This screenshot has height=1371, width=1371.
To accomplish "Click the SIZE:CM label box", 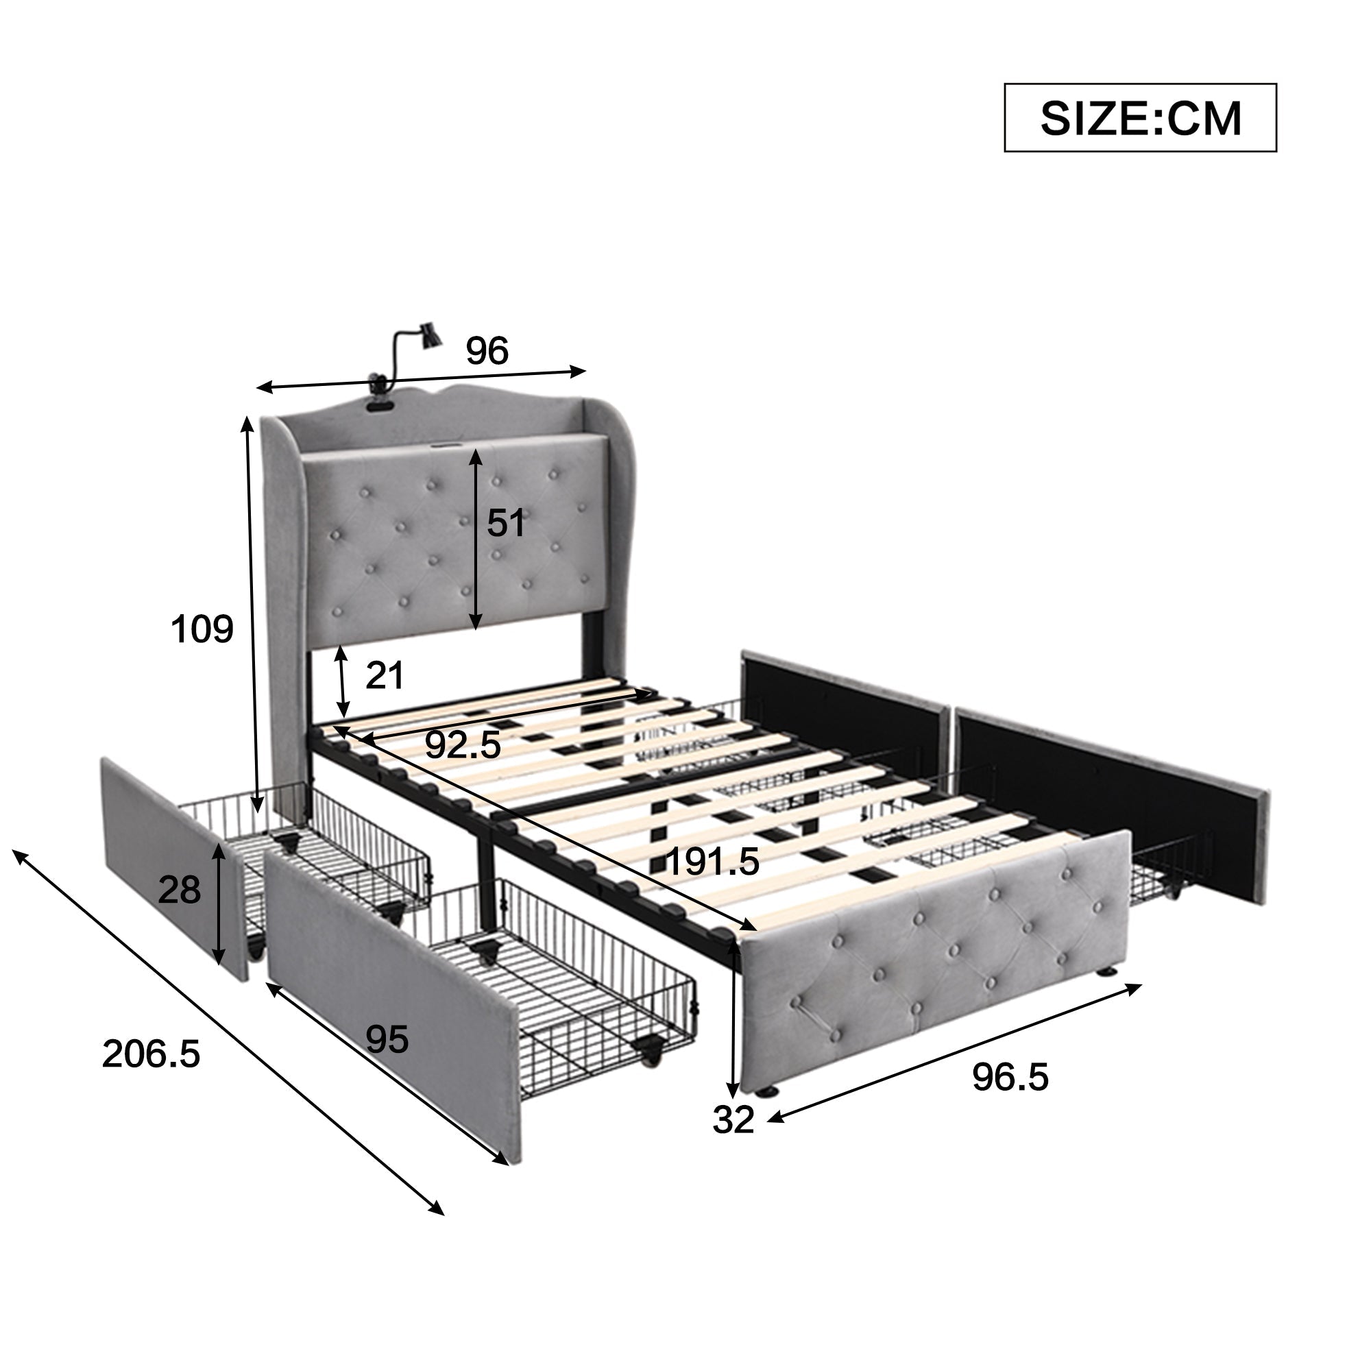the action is coord(1140,118).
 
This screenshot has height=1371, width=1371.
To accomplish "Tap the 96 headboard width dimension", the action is coord(487,350).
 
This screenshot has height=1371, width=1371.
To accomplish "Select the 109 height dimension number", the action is coord(202,629).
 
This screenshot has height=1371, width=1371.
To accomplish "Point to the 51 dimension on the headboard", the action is coord(506,523).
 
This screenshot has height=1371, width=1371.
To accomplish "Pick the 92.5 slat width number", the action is coord(463,746).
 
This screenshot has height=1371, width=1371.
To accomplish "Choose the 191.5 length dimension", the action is coord(713,862).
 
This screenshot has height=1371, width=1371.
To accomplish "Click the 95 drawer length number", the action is coord(387,1041).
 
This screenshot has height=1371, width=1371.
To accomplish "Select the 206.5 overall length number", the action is coord(151,1054).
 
